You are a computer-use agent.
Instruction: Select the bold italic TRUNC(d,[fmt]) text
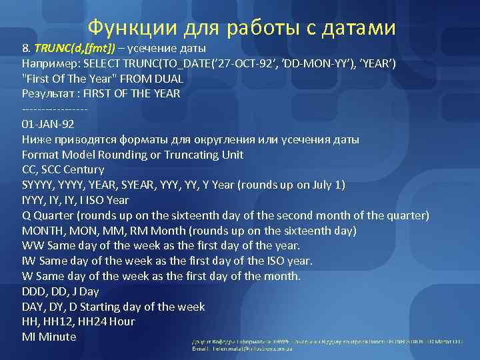tap(75, 49)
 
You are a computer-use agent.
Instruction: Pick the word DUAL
tap(169, 79)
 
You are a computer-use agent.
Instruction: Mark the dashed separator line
tap(55, 109)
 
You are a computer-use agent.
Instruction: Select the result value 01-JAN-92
tap(48, 124)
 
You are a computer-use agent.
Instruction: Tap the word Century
tap(82, 170)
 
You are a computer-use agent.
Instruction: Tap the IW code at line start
tap(29, 261)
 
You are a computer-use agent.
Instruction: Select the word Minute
tap(58, 337)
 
